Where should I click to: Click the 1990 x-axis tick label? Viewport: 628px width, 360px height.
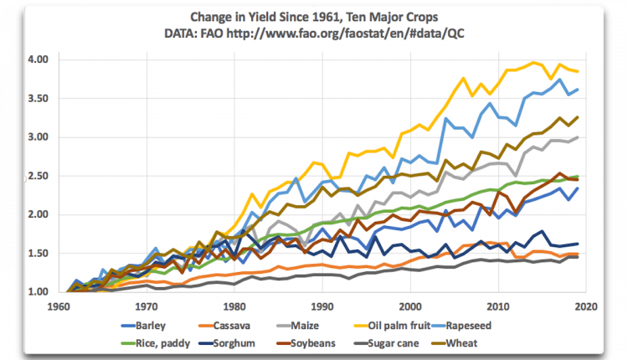(x=322, y=306)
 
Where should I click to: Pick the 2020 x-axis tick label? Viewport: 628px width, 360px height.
(x=586, y=306)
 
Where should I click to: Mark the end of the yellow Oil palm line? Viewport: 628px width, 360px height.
(x=578, y=72)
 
